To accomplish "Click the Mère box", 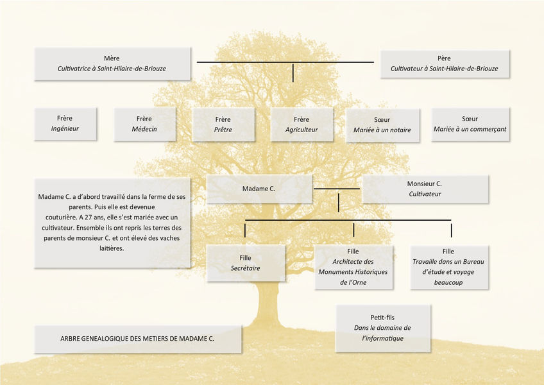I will tap(112, 63).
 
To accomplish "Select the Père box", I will tap(444, 63).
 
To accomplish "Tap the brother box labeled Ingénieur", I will tap(65, 123).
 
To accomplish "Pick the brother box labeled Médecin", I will tap(144, 123).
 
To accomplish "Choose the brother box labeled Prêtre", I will tap(223, 124).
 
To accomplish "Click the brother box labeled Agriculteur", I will tap(302, 124).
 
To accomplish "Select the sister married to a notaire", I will tap(382, 124).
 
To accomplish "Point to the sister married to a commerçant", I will tap(470, 124).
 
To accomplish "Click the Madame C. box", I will tap(259, 189).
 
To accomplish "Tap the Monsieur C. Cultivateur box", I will tap(425, 189).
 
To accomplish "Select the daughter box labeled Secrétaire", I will tap(245, 263).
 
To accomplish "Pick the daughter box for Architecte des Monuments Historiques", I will tap(353, 266).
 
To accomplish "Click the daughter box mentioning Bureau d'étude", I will tap(448, 266).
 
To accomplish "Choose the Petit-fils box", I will tap(383, 328).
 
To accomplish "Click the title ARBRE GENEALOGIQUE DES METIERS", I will tap(138, 338).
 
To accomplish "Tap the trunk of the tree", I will tap(266, 302).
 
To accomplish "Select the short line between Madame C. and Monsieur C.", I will tap(337, 189).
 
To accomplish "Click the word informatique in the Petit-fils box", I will tap(383, 338).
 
